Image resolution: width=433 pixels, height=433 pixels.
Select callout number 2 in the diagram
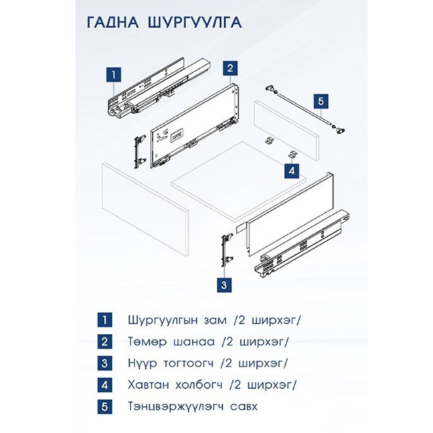pos(229,68)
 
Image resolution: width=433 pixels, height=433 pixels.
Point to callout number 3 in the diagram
pos(224,284)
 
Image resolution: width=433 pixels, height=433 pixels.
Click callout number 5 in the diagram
pos(321,101)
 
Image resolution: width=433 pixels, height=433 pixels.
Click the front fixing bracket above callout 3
pos(226,250)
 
